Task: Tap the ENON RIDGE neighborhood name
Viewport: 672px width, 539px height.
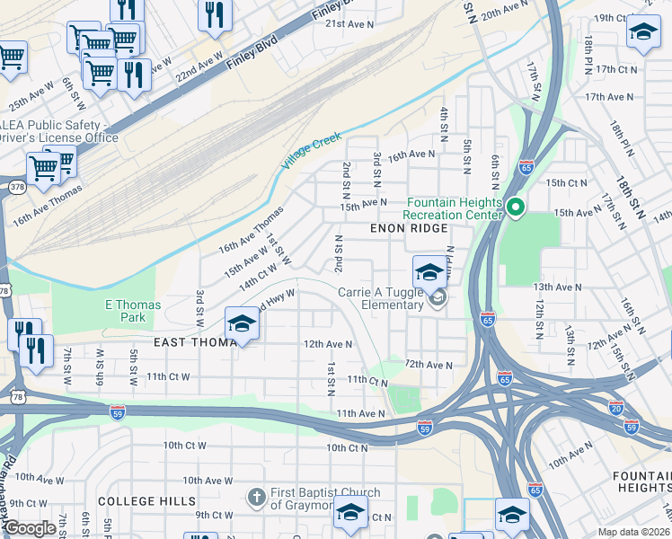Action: tap(409, 229)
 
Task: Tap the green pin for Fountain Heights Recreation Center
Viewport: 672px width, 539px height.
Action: tap(515, 208)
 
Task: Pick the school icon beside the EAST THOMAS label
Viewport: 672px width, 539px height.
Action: tap(242, 324)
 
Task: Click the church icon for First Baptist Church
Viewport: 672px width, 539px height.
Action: tap(256, 497)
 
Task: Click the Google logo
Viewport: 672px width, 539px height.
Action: tap(31, 528)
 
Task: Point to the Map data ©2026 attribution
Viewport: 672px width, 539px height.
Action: tap(634, 532)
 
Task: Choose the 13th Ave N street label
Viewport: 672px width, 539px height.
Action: tap(557, 287)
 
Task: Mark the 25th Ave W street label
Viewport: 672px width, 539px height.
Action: tap(31, 93)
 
